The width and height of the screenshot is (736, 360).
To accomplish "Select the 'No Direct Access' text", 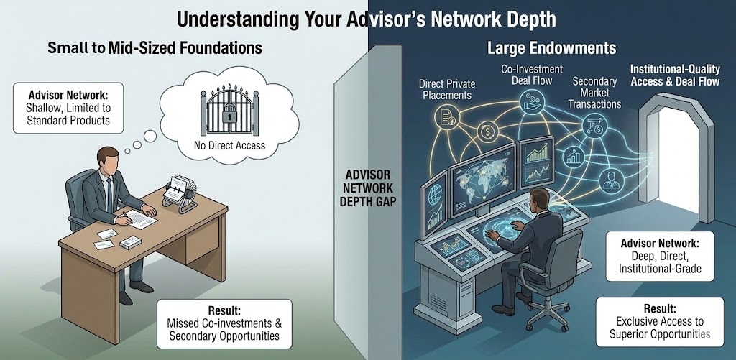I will coord(229,146).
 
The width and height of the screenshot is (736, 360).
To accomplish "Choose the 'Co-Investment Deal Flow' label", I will coord(527,75).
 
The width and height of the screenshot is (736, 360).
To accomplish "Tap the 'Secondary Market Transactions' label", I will coord(597,93).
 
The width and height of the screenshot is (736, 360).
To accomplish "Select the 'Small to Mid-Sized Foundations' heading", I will coord(155,49).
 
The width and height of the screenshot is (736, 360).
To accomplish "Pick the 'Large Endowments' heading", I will coord(551,49).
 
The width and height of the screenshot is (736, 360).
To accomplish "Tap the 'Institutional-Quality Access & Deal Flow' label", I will coord(674,75).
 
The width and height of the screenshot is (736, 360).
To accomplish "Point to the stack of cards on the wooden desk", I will coord(130,242).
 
